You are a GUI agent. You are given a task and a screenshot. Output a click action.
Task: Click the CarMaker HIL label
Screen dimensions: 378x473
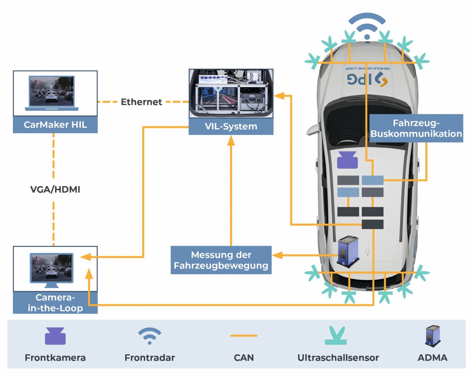[55, 125]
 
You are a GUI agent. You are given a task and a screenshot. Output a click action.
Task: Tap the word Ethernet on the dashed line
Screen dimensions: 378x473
[141, 102]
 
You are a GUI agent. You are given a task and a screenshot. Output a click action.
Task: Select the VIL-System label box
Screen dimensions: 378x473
[231, 127]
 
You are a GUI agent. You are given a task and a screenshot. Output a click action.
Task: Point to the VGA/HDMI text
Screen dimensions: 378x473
[55, 189]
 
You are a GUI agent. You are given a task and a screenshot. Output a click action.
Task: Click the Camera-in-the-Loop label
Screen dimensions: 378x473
[55, 303]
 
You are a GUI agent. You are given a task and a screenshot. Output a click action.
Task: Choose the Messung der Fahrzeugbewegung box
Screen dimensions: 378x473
[221, 260]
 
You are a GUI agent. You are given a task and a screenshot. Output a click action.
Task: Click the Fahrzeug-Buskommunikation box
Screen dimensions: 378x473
[416, 128]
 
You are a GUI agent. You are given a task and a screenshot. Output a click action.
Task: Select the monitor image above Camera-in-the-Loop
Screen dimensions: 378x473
[52, 268]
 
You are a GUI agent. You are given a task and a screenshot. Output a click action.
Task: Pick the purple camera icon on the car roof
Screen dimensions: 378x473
[347, 160]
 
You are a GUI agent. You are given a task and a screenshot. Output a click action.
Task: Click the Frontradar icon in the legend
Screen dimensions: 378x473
[149, 336]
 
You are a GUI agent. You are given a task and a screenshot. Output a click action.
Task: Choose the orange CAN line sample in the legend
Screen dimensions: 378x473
[244, 336]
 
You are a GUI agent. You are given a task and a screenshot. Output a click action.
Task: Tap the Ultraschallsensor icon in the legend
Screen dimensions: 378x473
[336, 336]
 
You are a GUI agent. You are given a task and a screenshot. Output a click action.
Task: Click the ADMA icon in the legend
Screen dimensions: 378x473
[433, 336]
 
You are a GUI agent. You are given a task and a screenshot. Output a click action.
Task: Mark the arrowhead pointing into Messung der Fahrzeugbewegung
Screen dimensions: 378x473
[277, 255]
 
